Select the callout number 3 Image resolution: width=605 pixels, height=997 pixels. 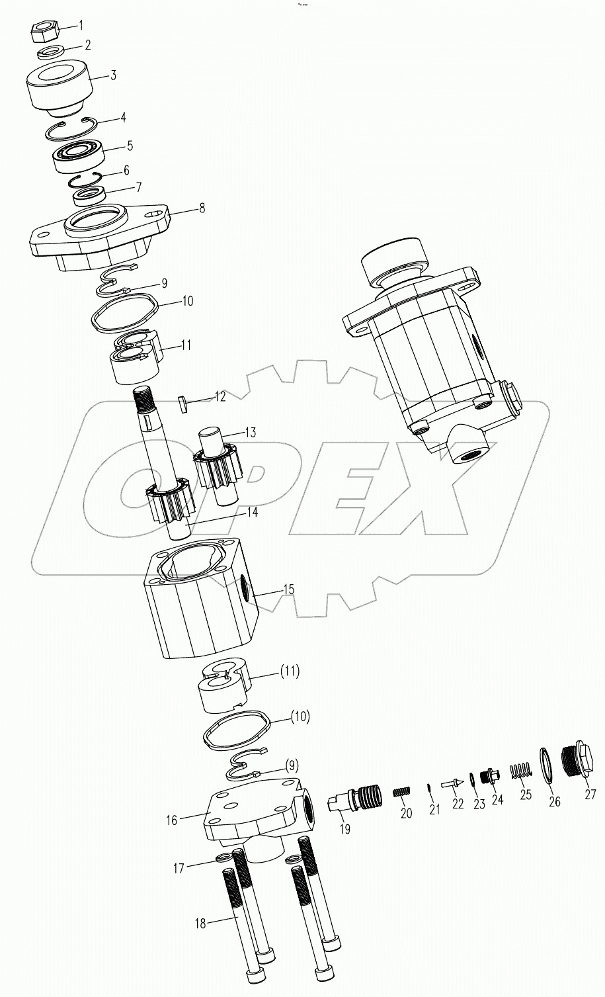pyautogui.click(x=113, y=75)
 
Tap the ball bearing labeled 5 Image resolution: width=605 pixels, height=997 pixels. pyautogui.click(x=76, y=153)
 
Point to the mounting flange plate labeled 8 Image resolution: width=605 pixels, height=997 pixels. pyautogui.click(x=99, y=235)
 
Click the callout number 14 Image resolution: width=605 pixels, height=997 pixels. pyautogui.click(x=215, y=511)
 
